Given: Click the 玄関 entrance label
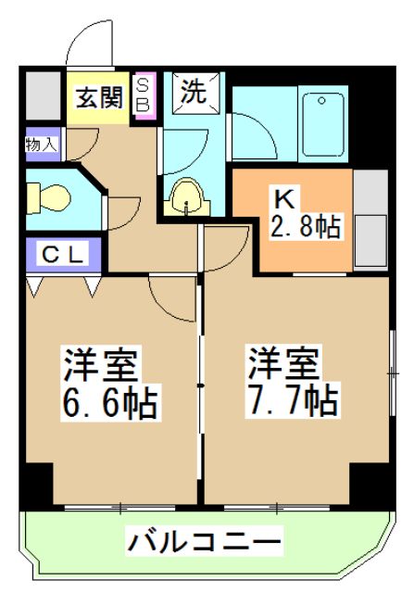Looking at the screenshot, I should pyautogui.click(x=99, y=97).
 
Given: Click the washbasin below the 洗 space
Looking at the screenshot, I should pyautogui.click(x=188, y=196).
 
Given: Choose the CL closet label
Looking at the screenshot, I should pyautogui.click(x=62, y=253).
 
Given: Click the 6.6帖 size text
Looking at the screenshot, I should pyautogui.click(x=108, y=402).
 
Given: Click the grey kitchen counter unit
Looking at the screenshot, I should pyautogui.click(x=371, y=221).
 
